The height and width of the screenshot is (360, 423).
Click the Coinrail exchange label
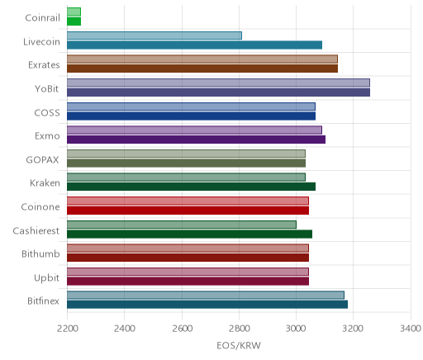coord(42,18)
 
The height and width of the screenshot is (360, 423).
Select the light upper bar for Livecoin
coord(154,36)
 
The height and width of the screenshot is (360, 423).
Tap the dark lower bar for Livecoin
coord(194,45)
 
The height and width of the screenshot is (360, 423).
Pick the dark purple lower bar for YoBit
coord(218,92)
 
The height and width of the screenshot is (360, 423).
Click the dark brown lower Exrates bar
coord(202,69)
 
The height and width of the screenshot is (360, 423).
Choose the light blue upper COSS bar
coord(191,107)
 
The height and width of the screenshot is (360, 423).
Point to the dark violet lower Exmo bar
coord(196,140)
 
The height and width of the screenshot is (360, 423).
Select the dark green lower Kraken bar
coord(191,187)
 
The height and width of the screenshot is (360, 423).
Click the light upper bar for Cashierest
coord(182,225)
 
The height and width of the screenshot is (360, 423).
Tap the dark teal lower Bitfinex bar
coord(207,305)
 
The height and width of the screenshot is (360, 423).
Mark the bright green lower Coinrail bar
coord(74,21)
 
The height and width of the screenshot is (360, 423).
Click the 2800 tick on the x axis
coord(239,329)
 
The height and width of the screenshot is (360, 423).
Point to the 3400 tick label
coord(411,329)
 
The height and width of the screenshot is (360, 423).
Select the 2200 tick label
coord(67,329)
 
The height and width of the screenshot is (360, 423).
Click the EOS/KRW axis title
coord(239,345)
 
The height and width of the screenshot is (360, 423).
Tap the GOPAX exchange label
coord(42,160)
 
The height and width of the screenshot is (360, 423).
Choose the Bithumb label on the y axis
coord(40,253)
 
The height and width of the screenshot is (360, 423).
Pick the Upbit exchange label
coord(46,278)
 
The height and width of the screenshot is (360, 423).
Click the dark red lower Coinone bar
coord(188,211)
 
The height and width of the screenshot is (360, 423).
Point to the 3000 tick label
coord(297,329)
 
